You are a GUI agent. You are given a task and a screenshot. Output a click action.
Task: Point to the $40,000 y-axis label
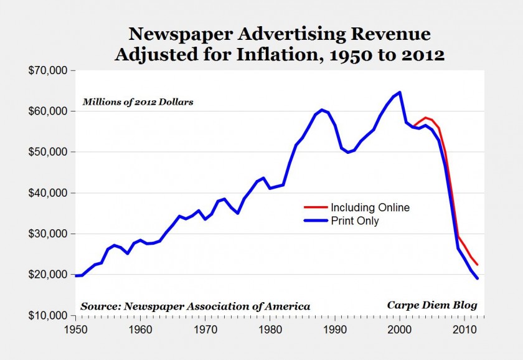(x=47, y=193)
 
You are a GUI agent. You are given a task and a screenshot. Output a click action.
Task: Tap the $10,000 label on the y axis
(x=47, y=316)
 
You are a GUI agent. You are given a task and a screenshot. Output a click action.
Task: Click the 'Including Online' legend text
(x=370, y=207)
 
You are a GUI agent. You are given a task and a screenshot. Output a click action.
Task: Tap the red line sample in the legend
(x=315, y=207)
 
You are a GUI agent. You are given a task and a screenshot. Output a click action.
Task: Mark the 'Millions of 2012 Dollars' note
(x=137, y=102)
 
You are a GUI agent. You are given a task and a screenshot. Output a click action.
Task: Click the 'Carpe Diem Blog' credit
(x=432, y=305)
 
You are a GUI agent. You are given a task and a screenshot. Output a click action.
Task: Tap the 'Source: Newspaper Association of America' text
(x=195, y=306)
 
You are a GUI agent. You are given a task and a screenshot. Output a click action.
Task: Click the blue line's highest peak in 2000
(x=400, y=92)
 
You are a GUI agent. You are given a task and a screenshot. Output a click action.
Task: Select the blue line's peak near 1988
(x=322, y=110)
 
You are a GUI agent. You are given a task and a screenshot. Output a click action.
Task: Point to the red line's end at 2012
(x=478, y=265)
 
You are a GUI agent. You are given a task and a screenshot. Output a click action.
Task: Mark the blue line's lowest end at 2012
(x=478, y=278)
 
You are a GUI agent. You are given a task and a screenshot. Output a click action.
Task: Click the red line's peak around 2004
(x=425, y=117)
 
